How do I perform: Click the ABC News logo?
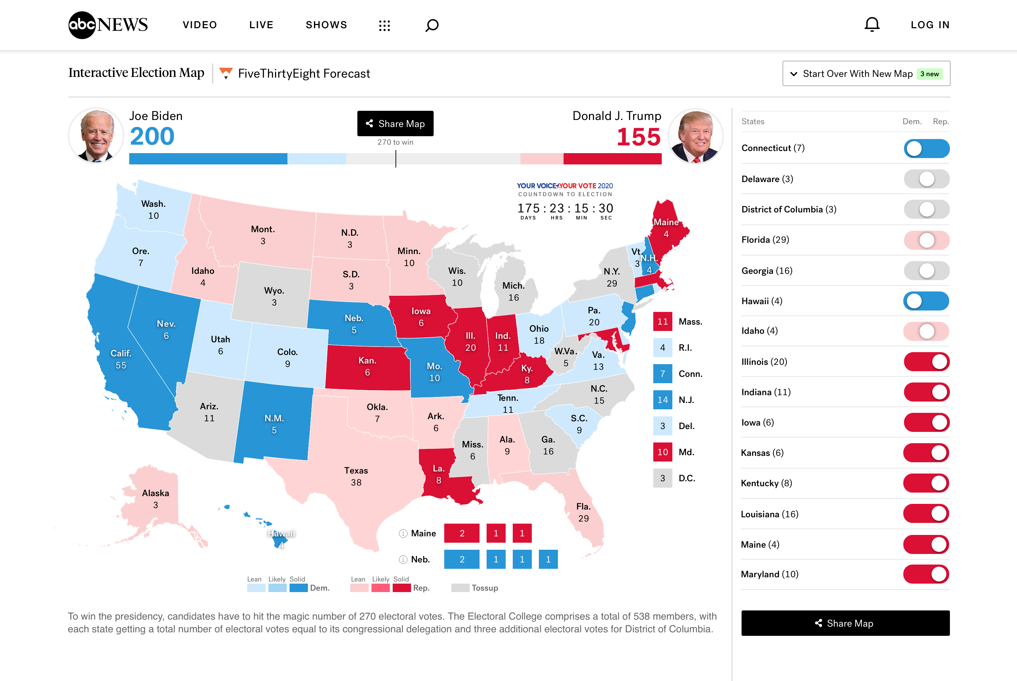click(108, 25)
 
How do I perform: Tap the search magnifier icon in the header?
click(432, 25)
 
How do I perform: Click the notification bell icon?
click(872, 25)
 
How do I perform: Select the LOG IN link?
click(930, 25)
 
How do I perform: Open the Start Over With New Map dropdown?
click(866, 73)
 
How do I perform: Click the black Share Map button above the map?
click(395, 124)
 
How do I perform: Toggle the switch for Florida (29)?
click(926, 240)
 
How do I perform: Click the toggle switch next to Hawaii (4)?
click(926, 301)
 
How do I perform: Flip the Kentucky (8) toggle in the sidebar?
click(926, 483)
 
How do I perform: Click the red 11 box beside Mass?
click(662, 321)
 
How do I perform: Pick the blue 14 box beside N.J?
click(662, 399)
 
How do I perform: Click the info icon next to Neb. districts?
click(403, 559)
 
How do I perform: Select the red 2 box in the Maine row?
click(462, 534)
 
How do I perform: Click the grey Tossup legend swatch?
click(460, 587)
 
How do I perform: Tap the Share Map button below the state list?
click(845, 623)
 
